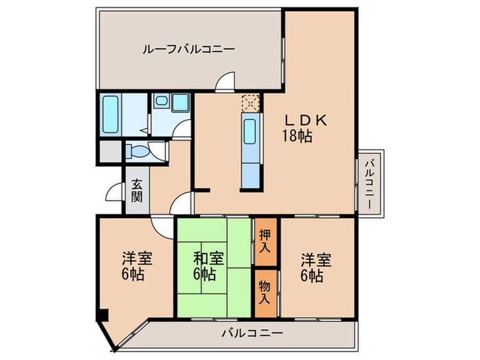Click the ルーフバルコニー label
coord(188,49)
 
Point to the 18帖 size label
coord(297,136)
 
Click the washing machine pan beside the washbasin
coord(180,103)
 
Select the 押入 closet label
coord(265,241)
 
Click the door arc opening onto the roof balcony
coord(225,84)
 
